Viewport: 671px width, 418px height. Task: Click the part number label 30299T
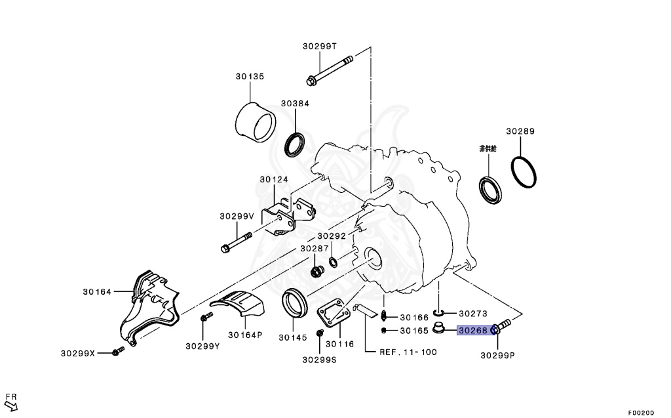pyautogui.click(x=320, y=47)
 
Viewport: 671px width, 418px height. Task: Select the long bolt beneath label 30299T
pyautogui.click(x=330, y=70)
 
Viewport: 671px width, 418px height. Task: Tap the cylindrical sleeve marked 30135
pyautogui.click(x=256, y=122)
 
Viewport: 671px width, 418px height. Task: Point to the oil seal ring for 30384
pyautogui.click(x=295, y=145)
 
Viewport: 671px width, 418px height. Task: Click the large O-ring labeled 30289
pyautogui.click(x=524, y=173)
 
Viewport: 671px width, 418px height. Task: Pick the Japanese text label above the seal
pyautogui.click(x=488, y=149)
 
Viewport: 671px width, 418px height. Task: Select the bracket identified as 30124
pyautogui.click(x=288, y=216)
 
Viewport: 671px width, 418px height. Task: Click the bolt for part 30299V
pyautogui.click(x=237, y=242)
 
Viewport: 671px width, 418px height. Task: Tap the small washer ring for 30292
pyautogui.click(x=332, y=261)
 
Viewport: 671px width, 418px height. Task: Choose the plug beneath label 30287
pyautogui.click(x=316, y=272)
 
